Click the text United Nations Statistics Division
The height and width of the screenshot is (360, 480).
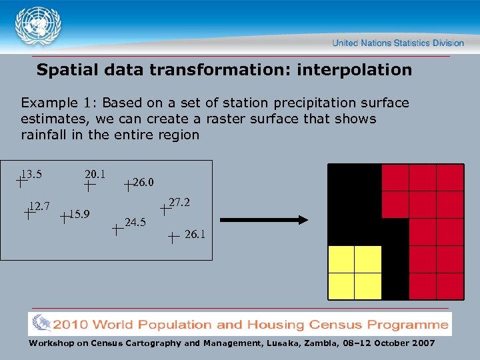398,43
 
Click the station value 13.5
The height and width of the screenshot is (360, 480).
31,175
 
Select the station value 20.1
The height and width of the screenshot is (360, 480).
95,174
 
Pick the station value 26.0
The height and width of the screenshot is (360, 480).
143,182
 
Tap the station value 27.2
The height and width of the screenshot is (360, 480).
180,202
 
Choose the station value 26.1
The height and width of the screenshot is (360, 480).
195,234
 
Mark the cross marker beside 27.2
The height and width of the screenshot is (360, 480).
165,209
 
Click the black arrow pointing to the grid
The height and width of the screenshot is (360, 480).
264,219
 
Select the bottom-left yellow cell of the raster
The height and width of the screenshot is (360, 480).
341,286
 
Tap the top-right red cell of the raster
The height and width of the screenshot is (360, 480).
450,177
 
